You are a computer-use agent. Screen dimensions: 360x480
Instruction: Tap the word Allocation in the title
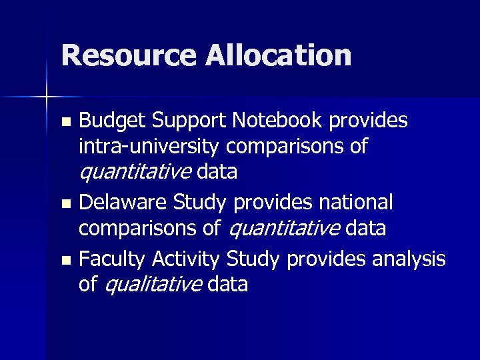tap(278, 56)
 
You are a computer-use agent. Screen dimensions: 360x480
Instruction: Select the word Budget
tap(112, 121)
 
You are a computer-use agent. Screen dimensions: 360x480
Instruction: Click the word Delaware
tap(122, 202)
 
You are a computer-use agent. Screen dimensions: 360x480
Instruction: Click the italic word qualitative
tap(153, 285)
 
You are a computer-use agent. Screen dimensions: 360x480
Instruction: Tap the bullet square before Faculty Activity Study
tap(65, 260)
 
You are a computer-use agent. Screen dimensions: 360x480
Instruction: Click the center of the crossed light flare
tap(47, 98)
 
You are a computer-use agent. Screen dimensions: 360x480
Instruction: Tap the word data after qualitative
tap(228, 285)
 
